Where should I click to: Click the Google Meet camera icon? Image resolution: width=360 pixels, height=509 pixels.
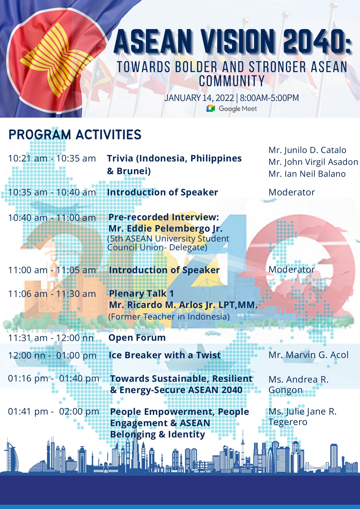[211, 109]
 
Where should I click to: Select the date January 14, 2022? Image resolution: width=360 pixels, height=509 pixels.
[199, 98]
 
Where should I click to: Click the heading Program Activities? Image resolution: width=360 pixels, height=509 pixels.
[75, 135]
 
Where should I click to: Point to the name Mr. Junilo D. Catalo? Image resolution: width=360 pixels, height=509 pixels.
[307, 150]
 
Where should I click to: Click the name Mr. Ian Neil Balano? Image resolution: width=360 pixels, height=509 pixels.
[307, 174]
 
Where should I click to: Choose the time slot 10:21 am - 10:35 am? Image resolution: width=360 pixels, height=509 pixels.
[52, 158]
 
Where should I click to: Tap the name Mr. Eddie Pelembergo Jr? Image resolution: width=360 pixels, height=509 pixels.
[165, 228]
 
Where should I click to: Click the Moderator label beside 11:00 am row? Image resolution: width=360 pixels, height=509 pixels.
[292, 269]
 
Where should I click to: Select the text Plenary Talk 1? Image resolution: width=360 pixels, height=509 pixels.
[141, 294]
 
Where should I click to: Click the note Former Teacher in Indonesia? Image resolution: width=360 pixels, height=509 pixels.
[169, 316]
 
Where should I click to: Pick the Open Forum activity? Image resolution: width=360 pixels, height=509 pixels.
[137, 338]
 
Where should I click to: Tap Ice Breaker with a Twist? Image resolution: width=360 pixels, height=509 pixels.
[165, 355]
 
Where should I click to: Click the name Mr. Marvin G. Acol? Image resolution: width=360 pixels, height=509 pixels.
[309, 355]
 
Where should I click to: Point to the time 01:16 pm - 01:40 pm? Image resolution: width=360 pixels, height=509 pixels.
[53, 378]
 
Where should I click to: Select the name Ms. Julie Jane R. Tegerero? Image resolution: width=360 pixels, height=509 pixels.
[302, 417]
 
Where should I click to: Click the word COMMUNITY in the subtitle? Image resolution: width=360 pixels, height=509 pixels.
[232, 81]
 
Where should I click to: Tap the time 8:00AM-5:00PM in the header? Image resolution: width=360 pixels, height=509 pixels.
[269, 98]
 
